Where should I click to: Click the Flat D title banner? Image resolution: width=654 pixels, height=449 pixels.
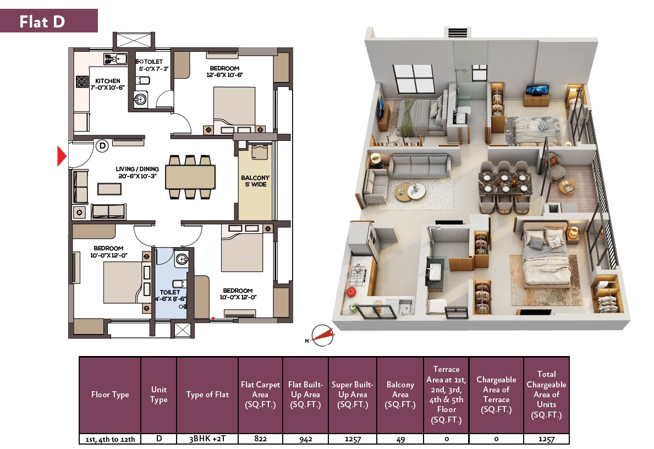49,21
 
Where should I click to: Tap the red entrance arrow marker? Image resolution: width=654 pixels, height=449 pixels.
62,156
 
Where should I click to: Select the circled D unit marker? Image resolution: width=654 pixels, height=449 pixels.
102,146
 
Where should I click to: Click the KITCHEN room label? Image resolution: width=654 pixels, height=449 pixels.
108,84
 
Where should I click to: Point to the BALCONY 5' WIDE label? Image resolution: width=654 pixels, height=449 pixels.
255,181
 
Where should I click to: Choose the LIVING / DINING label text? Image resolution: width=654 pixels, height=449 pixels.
137,172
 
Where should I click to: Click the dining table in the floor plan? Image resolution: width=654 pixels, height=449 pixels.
190,177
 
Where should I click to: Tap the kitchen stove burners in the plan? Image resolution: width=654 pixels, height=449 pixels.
82,81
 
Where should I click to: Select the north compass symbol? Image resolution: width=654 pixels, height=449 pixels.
322,336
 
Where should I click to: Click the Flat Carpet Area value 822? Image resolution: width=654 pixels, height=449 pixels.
260,439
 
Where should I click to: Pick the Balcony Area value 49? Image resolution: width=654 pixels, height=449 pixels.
400,439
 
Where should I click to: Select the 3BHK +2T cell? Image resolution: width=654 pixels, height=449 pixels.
207,439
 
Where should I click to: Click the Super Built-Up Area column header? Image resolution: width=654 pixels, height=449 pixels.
353,395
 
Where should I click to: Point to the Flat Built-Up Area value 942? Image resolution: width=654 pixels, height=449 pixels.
306,439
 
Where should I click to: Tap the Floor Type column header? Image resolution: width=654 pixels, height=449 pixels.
110,395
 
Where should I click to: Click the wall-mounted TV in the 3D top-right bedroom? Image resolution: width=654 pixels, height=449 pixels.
537,90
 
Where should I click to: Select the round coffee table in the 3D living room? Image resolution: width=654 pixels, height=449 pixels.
410,192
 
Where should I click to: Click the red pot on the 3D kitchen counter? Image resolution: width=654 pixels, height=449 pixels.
351,291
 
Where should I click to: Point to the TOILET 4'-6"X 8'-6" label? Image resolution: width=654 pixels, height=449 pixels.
171,295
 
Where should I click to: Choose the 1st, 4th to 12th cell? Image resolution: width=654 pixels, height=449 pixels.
110,439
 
